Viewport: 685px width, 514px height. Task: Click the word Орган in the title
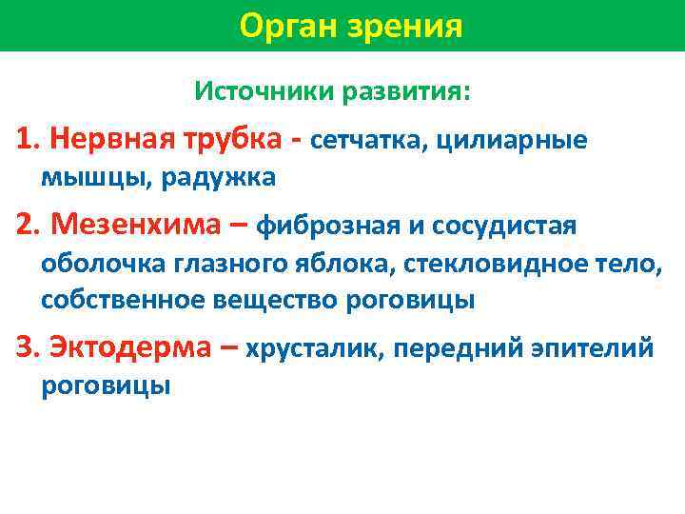(284, 26)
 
